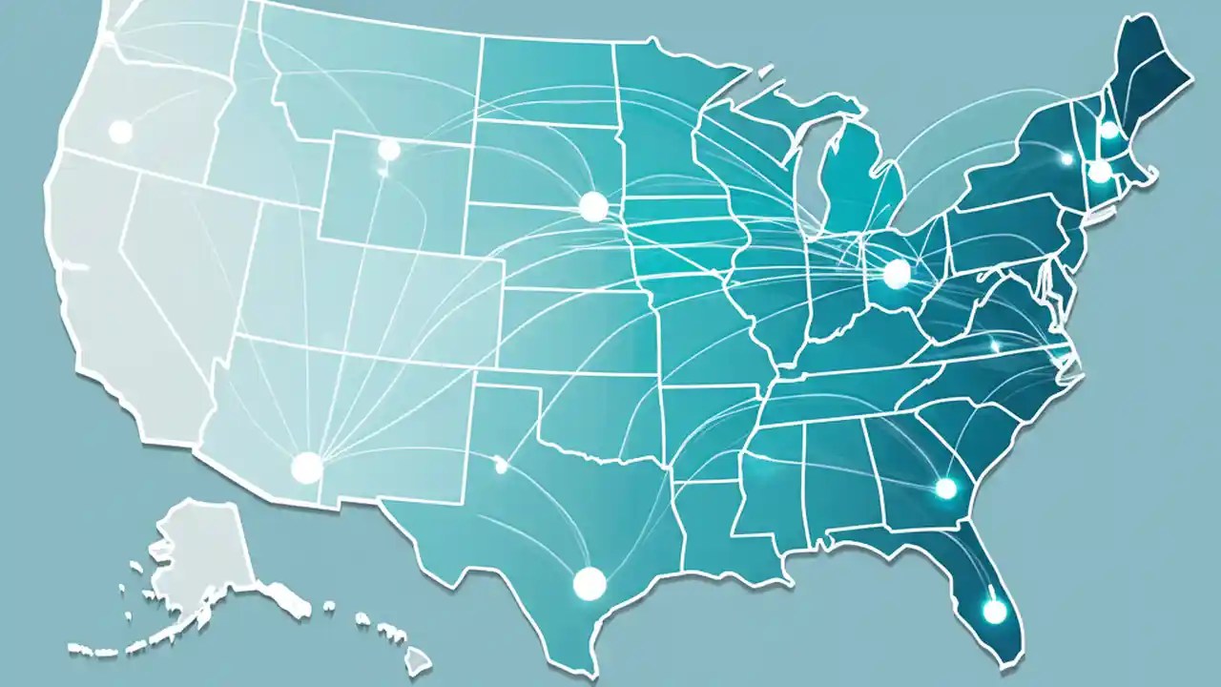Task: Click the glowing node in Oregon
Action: [120, 132]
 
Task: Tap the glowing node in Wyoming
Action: [388, 150]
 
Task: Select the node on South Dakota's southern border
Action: [592, 205]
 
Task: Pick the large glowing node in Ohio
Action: [897, 274]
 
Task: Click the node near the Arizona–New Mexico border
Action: [306, 467]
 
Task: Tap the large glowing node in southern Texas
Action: [589, 582]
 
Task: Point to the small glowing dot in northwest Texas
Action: [500, 467]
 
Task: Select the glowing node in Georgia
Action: [945, 489]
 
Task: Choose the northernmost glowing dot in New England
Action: [1109, 130]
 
